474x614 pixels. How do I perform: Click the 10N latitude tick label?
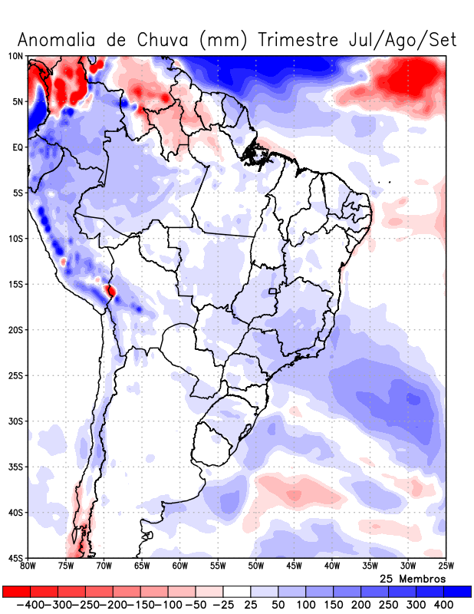click(15, 56)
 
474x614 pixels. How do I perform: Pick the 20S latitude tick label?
click(15, 330)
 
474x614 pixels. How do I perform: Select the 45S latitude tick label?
click(15, 558)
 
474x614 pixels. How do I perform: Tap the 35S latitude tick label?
click(15, 467)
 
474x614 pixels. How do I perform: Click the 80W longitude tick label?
click(28, 567)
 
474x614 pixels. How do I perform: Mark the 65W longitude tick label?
click(142, 567)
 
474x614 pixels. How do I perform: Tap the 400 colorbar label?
click(443, 605)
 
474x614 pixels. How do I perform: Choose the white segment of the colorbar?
click(237, 592)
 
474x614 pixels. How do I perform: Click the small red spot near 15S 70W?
click(111, 291)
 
